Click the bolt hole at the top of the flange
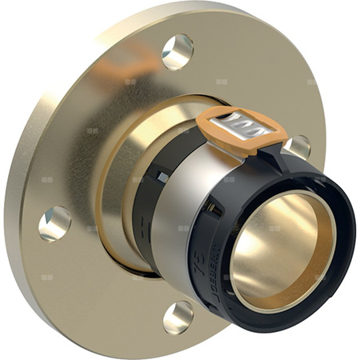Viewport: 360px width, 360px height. [177, 51]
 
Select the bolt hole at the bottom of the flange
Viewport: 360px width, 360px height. [178, 316]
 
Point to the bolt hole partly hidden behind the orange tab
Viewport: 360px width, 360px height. [298, 146]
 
